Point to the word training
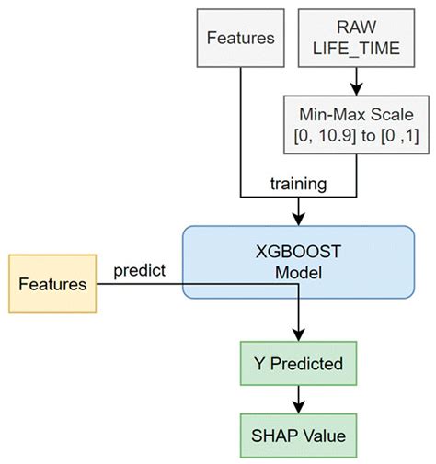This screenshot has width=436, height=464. (297, 184)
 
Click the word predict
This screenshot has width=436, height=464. (140, 273)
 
